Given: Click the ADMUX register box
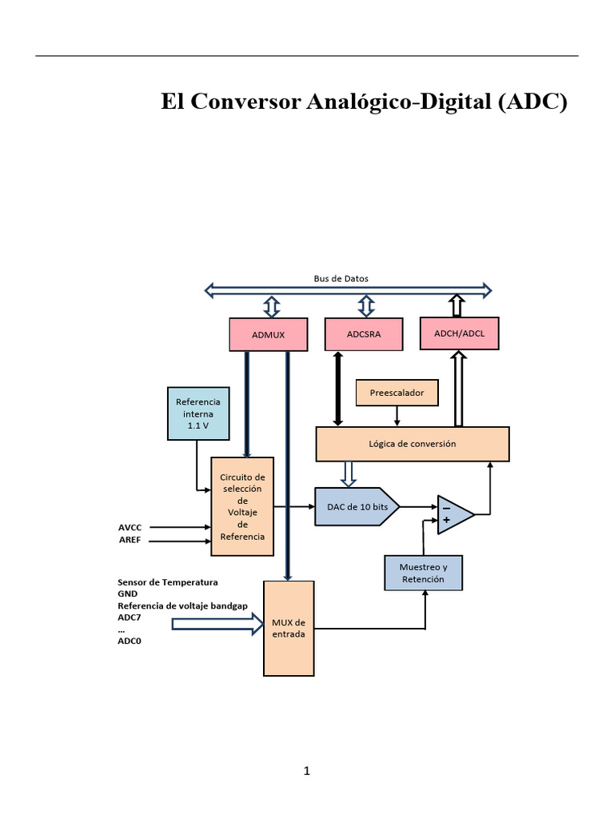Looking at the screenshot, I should click(x=268, y=334).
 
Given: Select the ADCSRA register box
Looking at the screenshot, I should click(x=364, y=334).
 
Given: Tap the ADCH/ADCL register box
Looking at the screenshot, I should click(x=459, y=333).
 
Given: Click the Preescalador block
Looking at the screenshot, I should click(x=397, y=393).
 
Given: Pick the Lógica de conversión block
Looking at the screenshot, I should click(x=413, y=444).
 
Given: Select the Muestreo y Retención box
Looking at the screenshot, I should click(x=423, y=573).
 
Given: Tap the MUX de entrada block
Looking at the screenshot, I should click(x=289, y=628).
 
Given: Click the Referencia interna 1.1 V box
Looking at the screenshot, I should click(x=197, y=413).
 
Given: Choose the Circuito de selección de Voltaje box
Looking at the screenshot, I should click(x=242, y=506).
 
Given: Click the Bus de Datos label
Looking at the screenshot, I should click(x=341, y=278).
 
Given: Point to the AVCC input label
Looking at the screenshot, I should click(x=130, y=528).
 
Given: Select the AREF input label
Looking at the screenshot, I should click(x=130, y=540).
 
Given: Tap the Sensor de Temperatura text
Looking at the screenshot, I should click(x=167, y=582).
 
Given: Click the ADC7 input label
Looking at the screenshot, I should click(x=130, y=617).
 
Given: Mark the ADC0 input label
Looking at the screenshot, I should click(x=130, y=641).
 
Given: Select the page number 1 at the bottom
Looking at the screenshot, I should click(x=306, y=771).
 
